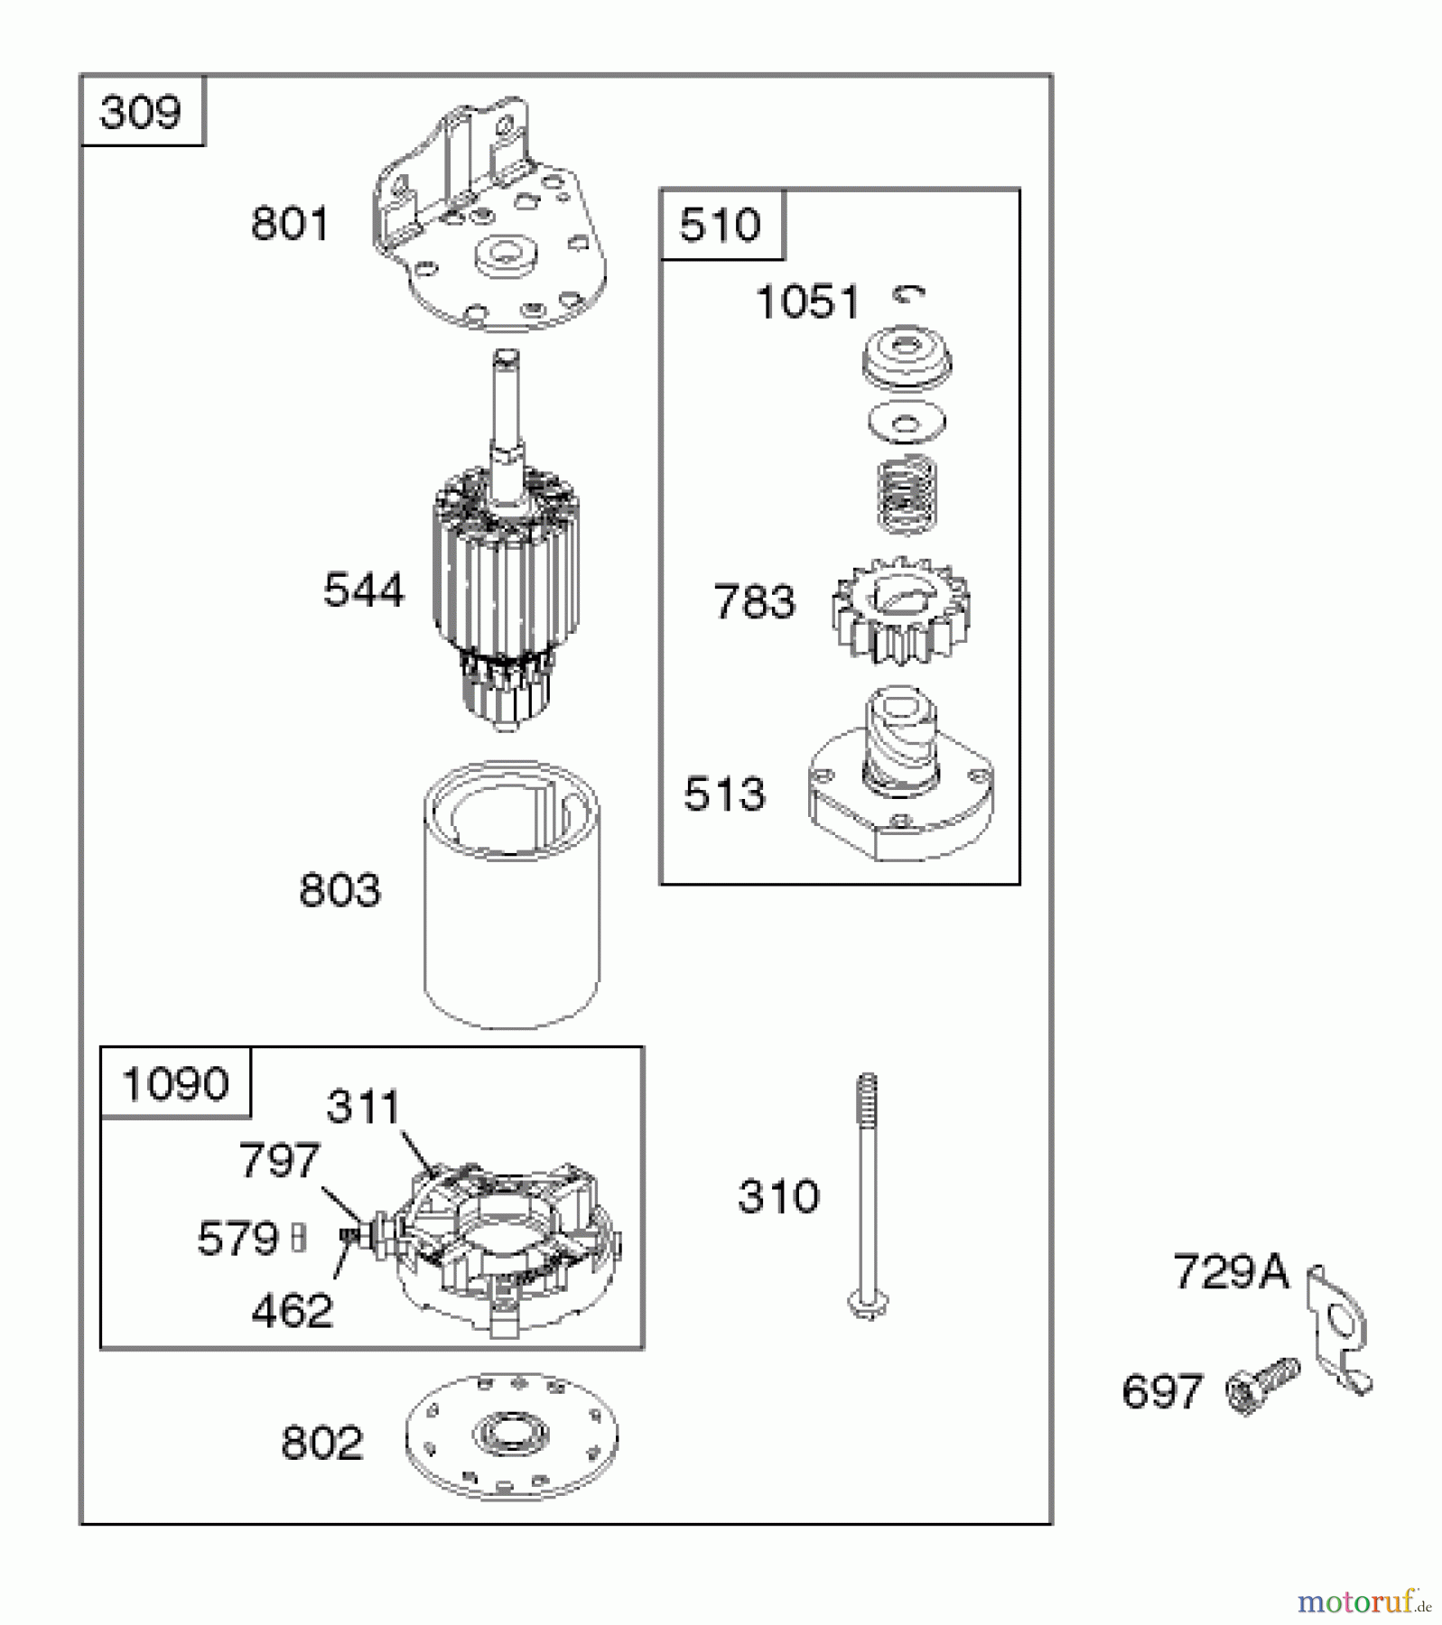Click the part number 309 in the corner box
[141, 112]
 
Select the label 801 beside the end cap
[290, 223]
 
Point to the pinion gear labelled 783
[900, 611]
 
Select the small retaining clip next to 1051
[908, 293]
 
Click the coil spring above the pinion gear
[907, 492]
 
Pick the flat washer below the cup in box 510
[907, 422]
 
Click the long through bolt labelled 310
[868, 1196]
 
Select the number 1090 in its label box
[175, 1083]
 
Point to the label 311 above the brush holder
[362, 1107]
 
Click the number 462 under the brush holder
[292, 1311]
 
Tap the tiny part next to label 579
[301, 1238]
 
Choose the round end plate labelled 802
[512, 1437]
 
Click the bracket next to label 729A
[1339, 1329]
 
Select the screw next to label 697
[1262, 1387]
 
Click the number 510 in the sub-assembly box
[720, 225]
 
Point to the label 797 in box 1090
[279, 1160]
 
